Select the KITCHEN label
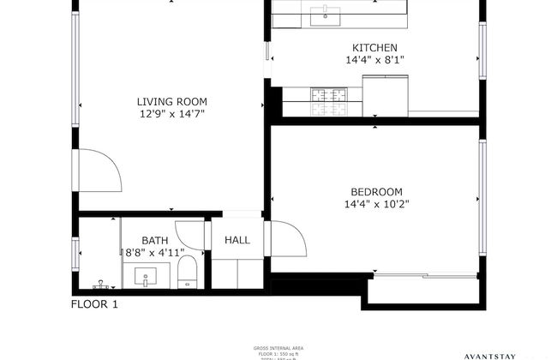[374, 48]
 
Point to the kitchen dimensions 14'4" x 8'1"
[374, 61]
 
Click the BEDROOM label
[376, 191]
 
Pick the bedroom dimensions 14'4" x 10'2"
[376, 204]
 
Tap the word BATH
[155, 241]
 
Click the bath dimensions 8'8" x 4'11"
[155, 253]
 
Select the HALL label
[237, 241]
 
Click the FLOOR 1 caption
[94, 304]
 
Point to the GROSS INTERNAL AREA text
[278, 349]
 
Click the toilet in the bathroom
[188, 274]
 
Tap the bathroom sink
[145, 277]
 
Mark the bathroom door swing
[191, 236]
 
